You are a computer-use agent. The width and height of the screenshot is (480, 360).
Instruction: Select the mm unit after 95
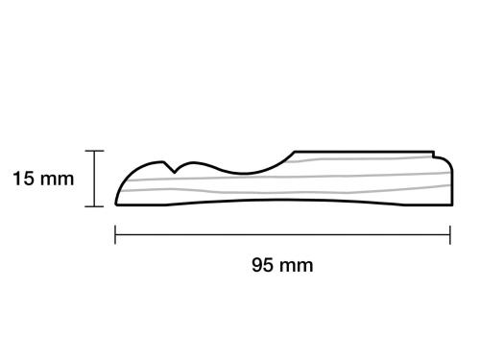pyautogui.click(x=295, y=264)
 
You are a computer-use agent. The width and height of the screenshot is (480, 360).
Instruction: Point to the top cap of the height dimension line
pyautogui.click(x=94, y=151)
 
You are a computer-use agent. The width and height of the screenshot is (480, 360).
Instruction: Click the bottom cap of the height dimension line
pyautogui.click(x=94, y=206)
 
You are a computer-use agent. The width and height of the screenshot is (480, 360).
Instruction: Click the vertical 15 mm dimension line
pyautogui.click(x=94, y=179)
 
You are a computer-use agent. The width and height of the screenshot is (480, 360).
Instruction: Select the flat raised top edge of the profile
pyautogui.click(x=365, y=151)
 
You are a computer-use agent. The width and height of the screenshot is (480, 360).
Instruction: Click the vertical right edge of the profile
pyautogui.click(x=451, y=182)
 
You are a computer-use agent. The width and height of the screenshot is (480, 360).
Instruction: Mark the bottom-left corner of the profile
pyautogui.click(x=116, y=205)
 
